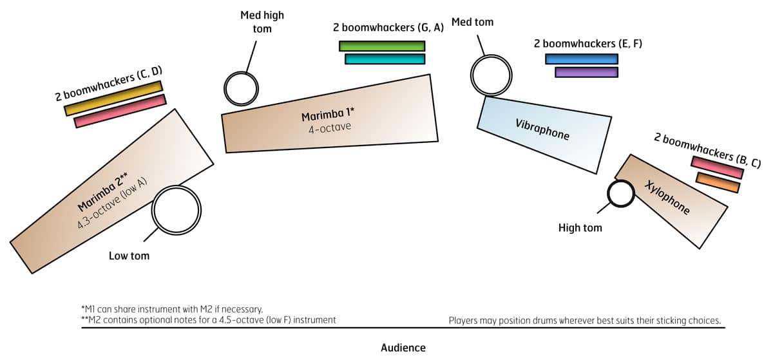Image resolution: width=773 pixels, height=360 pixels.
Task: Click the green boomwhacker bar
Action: point(382,46)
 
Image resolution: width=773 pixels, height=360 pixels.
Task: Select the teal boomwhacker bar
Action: point(385,59)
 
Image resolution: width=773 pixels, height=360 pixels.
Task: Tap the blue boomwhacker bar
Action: point(582,59)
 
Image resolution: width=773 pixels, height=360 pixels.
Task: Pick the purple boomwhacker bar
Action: point(586,72)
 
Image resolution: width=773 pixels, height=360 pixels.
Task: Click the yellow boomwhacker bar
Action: point(113,98)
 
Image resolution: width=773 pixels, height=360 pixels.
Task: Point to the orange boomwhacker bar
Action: point(718,182)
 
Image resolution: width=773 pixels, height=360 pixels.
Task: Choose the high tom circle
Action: point(621,193)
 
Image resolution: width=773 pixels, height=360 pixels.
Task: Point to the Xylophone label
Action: point(667,198)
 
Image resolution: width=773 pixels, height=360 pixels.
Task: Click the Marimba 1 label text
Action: point(328,117)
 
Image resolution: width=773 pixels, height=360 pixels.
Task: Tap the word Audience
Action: point(403,348)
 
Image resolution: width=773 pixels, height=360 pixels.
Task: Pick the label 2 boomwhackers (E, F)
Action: point(587,44)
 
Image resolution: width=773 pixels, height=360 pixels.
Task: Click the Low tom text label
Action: point(129,256)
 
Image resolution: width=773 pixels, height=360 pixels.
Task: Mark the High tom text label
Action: point(580,227)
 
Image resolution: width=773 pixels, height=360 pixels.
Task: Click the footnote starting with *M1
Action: point(172,308)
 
